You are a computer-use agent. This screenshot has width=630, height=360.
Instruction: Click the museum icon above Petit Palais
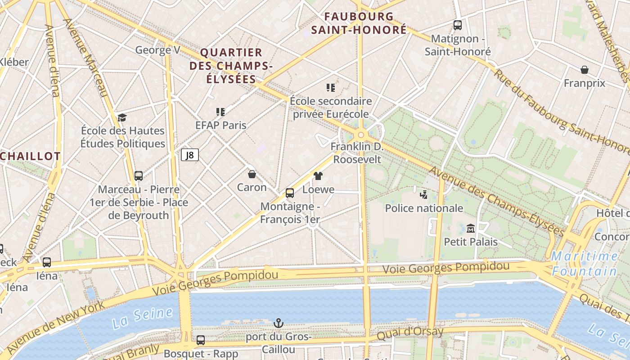471,228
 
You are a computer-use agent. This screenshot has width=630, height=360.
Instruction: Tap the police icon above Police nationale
423,194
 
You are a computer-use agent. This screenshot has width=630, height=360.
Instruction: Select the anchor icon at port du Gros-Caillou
279,323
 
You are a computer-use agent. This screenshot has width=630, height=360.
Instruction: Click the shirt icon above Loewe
318,175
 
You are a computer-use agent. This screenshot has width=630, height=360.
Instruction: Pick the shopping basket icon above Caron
252,174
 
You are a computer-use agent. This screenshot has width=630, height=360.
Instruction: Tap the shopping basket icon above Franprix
585,70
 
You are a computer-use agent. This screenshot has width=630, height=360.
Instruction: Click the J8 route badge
190,155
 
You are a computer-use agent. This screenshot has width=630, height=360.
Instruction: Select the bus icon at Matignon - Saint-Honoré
458,25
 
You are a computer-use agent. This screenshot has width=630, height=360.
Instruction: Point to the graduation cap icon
122,117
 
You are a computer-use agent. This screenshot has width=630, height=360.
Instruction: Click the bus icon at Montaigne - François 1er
290,193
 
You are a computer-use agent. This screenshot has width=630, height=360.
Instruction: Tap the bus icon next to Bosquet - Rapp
201,340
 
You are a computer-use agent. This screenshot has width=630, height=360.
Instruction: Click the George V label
157,50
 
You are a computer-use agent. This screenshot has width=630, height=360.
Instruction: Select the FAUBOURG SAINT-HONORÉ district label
359,23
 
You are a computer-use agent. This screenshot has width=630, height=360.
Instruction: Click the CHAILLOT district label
31,157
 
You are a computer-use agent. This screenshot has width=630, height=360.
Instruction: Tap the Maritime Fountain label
585,264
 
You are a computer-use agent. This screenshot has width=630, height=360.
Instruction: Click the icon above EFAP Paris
220,112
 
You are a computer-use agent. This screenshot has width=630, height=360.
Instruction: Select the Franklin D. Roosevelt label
357,153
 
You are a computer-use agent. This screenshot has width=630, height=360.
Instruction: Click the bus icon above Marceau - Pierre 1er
139,176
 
